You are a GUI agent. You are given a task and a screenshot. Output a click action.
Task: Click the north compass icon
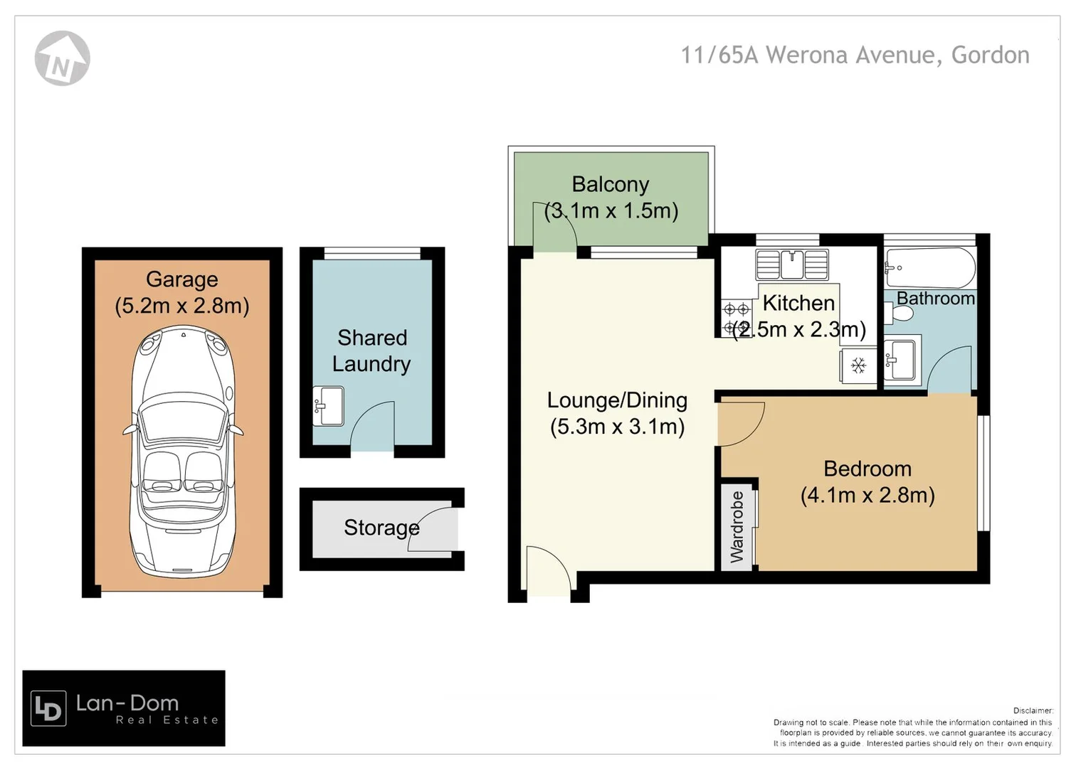[x=62, y=58]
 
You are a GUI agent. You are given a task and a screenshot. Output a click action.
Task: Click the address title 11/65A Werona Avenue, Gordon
[x=855, y=55]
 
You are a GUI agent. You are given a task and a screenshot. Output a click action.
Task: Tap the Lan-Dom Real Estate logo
[x=124, y=708]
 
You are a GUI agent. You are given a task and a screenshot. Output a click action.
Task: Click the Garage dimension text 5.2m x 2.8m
[x=182, y=306]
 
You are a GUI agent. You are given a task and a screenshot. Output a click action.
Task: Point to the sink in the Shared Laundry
[x=329, y=406]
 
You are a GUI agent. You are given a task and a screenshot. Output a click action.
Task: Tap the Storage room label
[x=381, y=528]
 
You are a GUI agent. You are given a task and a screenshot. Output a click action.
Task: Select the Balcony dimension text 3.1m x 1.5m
[x=611, y=210]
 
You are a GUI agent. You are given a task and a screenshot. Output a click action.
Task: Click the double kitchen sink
[x=792, y=265]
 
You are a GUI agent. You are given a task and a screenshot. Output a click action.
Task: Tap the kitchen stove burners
[x=736, y=318]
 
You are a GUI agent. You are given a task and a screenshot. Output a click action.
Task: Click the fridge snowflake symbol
[x=858, y=366]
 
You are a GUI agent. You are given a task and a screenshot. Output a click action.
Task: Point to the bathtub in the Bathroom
[x=929, y=268]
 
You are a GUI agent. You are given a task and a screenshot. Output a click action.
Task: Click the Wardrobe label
[x=737, y=526]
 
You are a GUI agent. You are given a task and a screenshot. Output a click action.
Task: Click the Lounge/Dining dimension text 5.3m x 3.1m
[x=617, y=427]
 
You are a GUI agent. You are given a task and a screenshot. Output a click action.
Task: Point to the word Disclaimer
[x=1033, y=710]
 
